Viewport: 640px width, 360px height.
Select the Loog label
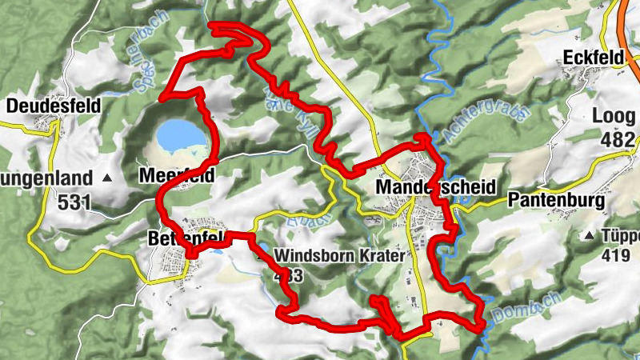[x=614, y=117]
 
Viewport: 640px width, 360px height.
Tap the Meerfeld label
[x=177, y=174]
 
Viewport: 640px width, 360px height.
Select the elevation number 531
[x=74, y=202]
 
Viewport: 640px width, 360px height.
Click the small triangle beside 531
[x=108, y=176]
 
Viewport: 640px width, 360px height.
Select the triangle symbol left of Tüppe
[x=590, y=236]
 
